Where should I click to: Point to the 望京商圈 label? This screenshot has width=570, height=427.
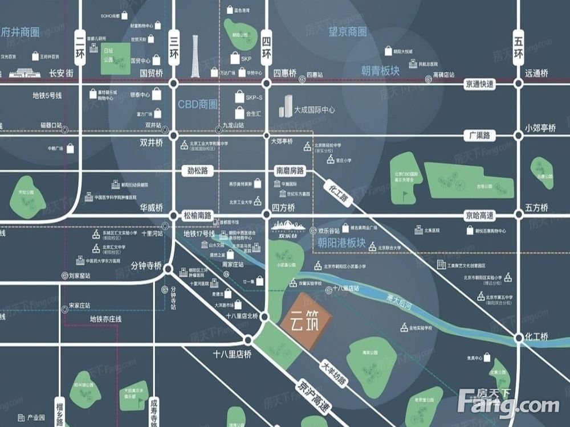pyautogui.click(x=348, y=32)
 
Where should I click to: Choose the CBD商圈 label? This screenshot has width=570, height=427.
pyautogui.click(x=198, y=104)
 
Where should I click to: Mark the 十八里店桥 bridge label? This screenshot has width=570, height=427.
pyautogui.click(x=232, y=354)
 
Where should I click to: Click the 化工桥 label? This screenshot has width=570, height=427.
pyautogui.click(x=536, y=336)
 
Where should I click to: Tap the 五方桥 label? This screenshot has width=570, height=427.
pyautogui.click(x=536, y=207)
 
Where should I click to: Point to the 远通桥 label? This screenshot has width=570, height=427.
pyautogui.click(x=536, y=73)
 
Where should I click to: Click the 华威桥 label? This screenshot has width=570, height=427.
pyautogui.click(x=151, y=207)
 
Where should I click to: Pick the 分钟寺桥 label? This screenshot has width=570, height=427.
pyautogui.click(x=146, y=266)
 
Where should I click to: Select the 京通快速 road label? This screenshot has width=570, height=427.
pyautogui.click(x=480, y=84)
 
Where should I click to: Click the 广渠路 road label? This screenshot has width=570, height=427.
pyautogui.click(x=480, y=136)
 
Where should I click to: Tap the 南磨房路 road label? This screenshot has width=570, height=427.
pyautogui.click(x=290, y=170)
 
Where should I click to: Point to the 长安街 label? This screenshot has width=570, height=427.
pyautogui.click(x=62, y=73)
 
